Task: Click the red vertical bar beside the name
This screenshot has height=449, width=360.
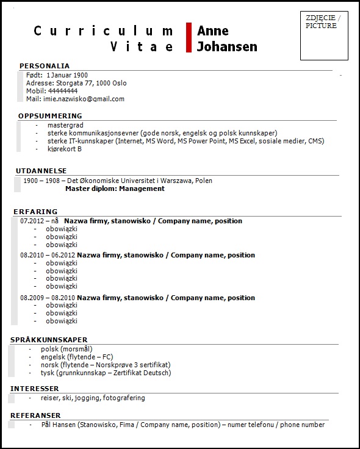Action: (189, 38)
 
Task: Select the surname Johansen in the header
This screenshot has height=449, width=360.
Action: (226, 47)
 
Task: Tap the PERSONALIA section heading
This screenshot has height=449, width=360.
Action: (45, 66)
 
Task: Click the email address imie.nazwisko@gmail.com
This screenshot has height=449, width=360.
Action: (84, 99)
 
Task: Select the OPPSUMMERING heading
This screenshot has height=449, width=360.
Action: (50, 116)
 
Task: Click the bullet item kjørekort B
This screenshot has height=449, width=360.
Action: (64, 149)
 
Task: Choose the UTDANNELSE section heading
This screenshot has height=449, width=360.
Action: (41, 171)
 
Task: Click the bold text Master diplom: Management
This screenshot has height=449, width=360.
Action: (115, 189)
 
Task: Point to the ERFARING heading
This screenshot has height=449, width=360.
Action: (35, 212)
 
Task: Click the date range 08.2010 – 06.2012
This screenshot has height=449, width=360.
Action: (48, 255)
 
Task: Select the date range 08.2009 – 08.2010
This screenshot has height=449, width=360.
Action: (48, 298)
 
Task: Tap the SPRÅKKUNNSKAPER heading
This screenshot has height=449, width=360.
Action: (49, 340)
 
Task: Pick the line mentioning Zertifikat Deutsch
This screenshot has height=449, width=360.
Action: (106, 373)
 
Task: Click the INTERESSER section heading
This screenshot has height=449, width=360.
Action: (35, 389)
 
